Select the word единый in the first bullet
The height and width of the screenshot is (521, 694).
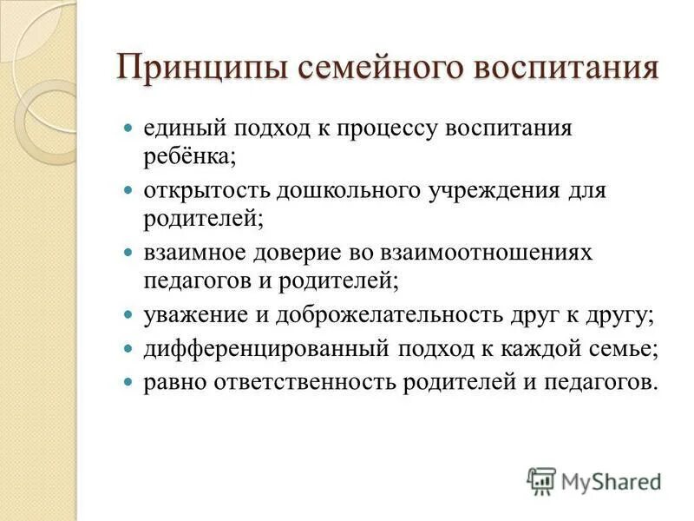180,129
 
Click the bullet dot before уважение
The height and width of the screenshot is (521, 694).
128,315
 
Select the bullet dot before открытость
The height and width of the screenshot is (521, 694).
128,191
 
